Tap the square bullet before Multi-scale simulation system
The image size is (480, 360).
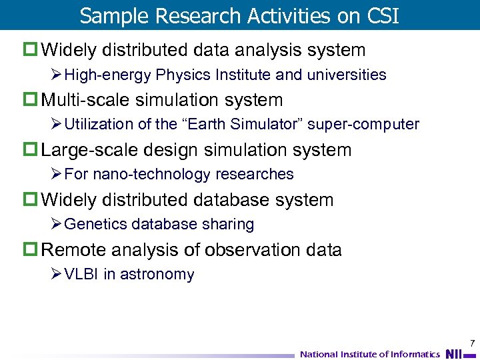(x=33, y=100)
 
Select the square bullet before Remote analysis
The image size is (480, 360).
(x=33, y=250)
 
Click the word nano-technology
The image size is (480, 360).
(x=148, y=175)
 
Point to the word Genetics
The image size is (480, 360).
(x=95, y=225)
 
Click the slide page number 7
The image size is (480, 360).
(x=472, y=343)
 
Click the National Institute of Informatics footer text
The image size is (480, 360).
(x=370, y=354)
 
